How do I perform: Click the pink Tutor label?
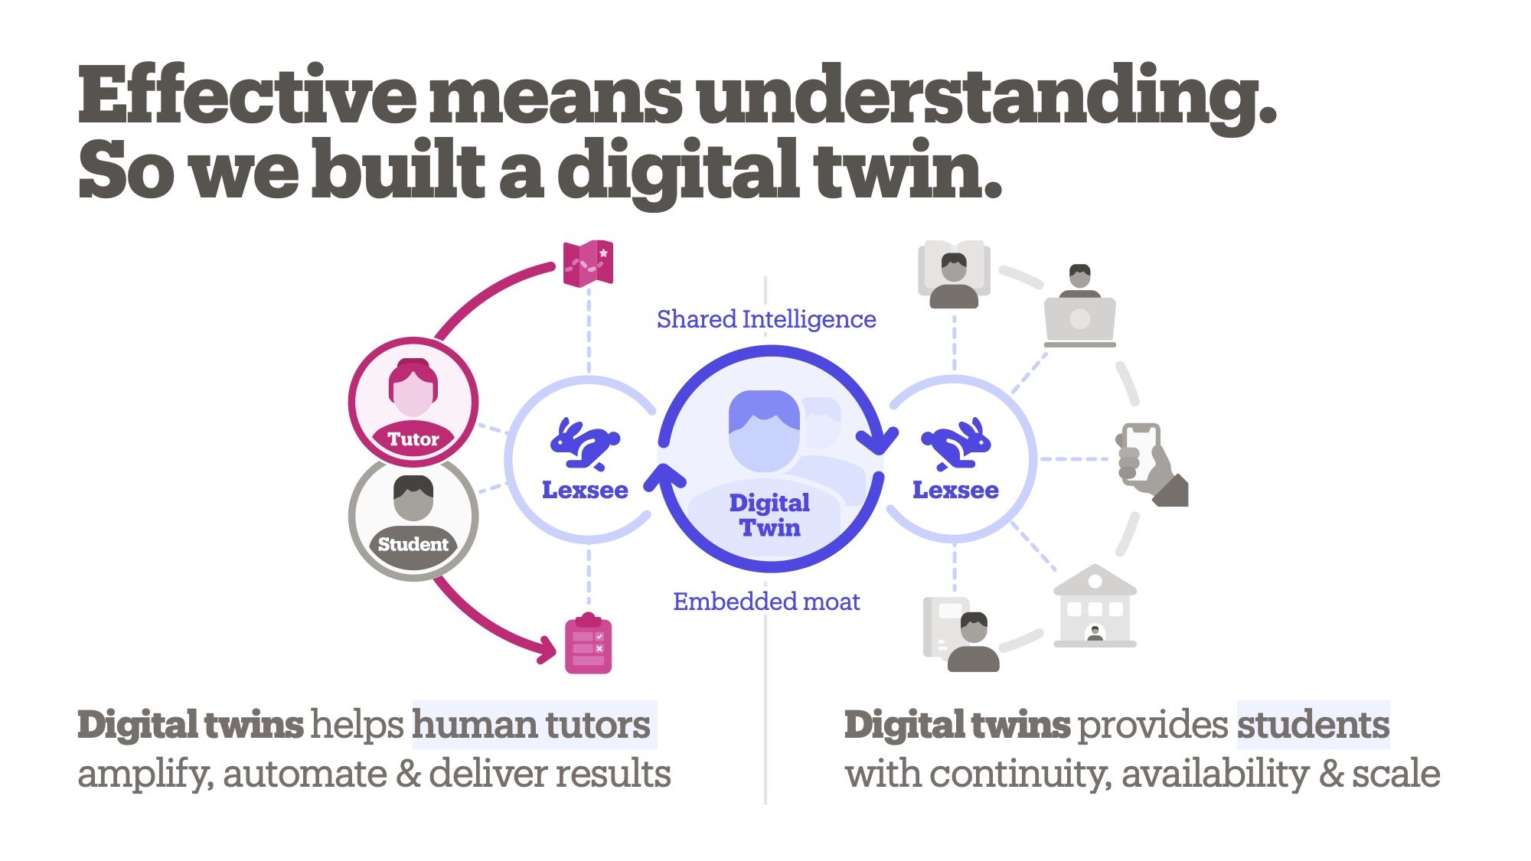pos(413,439)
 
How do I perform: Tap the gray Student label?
pos(413,544)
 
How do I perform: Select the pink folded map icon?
pos(588,264)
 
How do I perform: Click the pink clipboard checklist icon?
pos(588,644)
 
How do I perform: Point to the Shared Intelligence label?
pos(766,319)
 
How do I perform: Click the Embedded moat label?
pos(766,602)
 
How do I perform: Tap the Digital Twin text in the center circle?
pos(769,515)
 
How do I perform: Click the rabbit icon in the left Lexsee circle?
pos(585,444)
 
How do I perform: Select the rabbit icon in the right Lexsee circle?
pos(956,444)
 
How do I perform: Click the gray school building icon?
pos(1095,606)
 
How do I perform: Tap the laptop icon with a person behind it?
pos(1080,305)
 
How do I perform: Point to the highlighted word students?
pos(1313,725)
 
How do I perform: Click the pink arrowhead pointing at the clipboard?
pos(546,650)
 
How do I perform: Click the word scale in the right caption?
pos(1396,774)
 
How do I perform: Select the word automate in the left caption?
pos(305,774)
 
